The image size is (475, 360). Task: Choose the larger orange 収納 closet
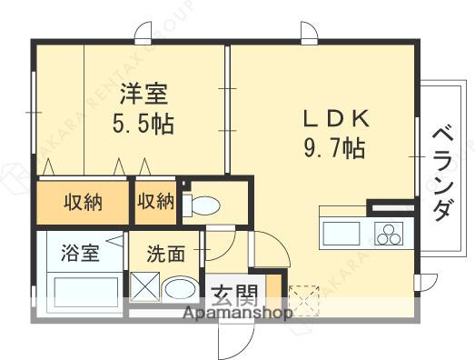click(81, 202)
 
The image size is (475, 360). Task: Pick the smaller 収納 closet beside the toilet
click(155, 202)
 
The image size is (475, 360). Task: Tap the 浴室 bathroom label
click(81, 253)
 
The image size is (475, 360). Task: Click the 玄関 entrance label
click(236, 295)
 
